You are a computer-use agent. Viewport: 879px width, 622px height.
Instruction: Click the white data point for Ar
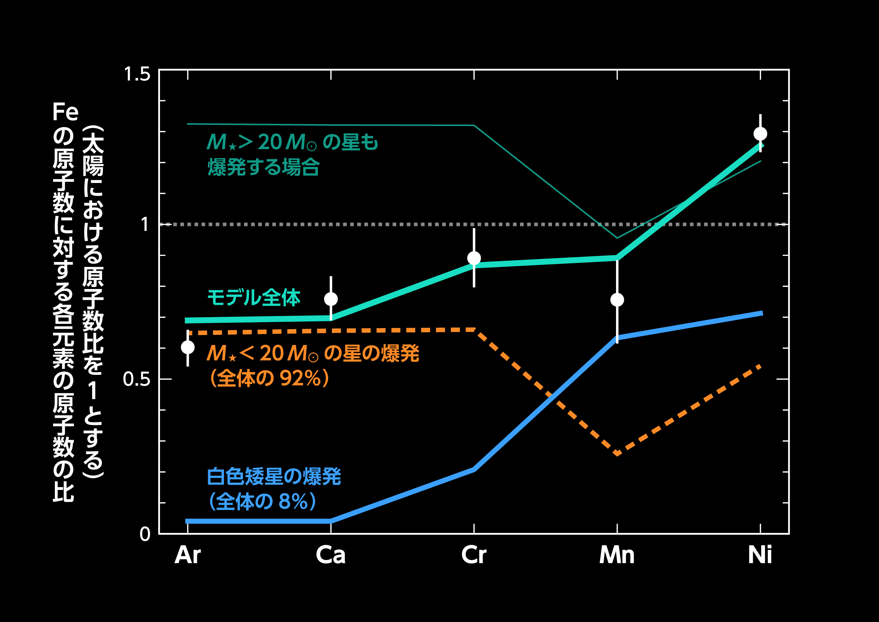(x=188, y=347)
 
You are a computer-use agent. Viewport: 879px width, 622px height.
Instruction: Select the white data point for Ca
(x=331, y=299)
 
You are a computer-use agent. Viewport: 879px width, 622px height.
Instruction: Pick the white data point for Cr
(x=474, y=258)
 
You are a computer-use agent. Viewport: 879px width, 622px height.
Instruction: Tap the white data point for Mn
(x=617, y=300)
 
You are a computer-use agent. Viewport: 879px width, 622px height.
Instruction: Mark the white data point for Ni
(x=760, y=134)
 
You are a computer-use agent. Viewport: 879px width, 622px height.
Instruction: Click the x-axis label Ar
(x=188, y=555)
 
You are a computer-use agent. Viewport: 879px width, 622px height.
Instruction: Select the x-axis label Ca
(x=331, y=555)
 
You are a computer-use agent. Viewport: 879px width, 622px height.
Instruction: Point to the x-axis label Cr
(x=474, y=555)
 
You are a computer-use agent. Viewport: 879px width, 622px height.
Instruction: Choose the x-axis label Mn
(x=617, y=555)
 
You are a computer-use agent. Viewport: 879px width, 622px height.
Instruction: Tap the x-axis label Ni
(x=760, y=555)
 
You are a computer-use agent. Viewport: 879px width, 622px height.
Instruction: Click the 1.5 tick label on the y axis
(x=137, y=74)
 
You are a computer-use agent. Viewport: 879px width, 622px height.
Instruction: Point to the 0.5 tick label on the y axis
(x=136, y=379)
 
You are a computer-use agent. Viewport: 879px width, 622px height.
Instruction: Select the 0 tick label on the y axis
(x=145, y=534)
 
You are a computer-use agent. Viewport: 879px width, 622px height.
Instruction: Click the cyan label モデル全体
(x=254, y=298)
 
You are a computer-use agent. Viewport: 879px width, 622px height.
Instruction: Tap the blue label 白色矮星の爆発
(x=274, y=476)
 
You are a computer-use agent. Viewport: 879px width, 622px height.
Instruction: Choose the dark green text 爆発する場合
(x=263, y=167)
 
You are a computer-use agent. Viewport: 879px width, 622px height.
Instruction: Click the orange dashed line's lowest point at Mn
(x=617, y=454)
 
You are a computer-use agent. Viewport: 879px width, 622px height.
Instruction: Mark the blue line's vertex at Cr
(x=474, y=470)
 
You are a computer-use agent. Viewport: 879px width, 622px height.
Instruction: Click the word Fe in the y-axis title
(x=65, y=112)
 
